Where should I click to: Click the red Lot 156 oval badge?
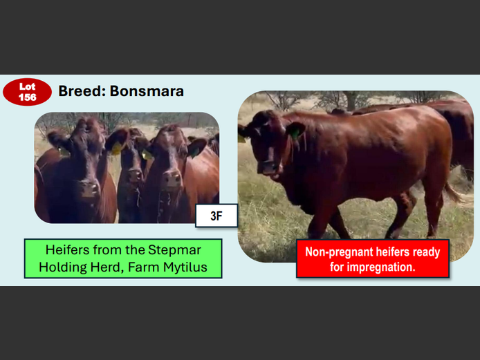pyautogui.click(x=27, y=92)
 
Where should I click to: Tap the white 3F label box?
pyautogui.click(x=216, y=216)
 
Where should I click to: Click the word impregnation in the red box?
pyautogui.click(x=382, y=267)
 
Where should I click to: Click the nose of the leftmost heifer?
pyautogui.click(x=88, y=187)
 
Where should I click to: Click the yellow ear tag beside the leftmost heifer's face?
pyautogui.click(x=117, y=149)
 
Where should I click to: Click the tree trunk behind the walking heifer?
pyautogui.click(x=351, y=102)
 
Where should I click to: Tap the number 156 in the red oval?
pyautogui.click(x=27, y=97)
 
